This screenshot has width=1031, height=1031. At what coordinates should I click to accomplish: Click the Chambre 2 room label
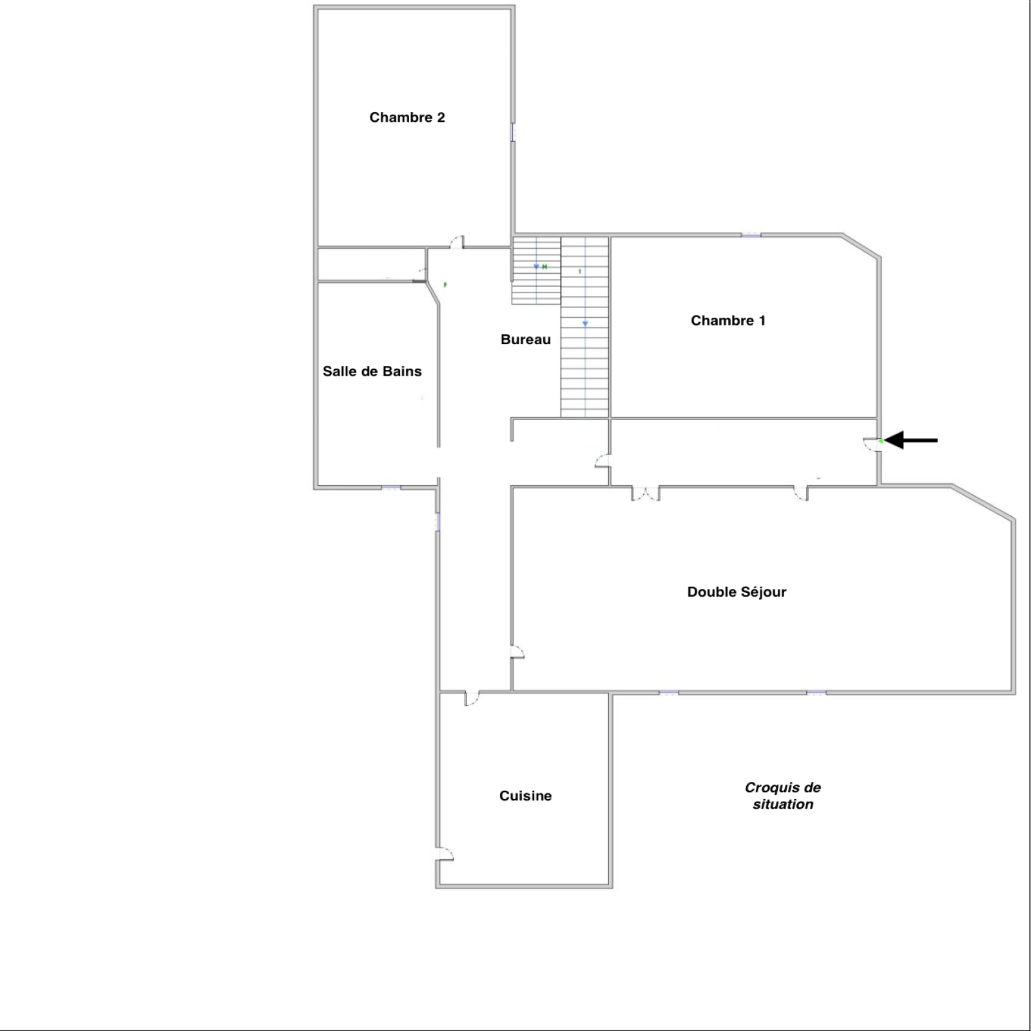click(407, 117)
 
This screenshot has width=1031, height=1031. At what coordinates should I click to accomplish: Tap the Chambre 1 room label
click(728, 320)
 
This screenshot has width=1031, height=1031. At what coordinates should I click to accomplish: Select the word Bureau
click(526, 340)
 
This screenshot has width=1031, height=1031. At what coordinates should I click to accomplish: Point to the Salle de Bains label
click(372, 371)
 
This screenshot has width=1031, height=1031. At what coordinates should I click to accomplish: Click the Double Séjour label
click(737, 592)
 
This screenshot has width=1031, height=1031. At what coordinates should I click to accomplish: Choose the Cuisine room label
click(525, 796)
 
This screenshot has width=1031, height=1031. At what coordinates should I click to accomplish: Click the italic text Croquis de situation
click(783, 796)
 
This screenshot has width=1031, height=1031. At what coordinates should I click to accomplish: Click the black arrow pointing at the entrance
click(911, 441)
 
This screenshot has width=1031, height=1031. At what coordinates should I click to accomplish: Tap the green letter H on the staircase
click(544, 267)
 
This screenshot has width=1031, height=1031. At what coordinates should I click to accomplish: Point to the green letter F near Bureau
click(445, 285)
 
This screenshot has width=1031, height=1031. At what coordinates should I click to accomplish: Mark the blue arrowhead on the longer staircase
click(585, 323)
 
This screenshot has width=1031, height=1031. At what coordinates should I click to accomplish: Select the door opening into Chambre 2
click(457, 242)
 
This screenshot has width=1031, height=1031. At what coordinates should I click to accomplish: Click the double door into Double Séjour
click(646, 493)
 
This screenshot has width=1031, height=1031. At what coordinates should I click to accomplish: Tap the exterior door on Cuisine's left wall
click(445, 854)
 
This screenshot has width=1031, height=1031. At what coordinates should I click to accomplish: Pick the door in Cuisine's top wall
click(472, 699)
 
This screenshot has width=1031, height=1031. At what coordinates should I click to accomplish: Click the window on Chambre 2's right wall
click(513, 132)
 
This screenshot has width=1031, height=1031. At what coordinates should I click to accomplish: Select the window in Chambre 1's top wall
click(751, 235)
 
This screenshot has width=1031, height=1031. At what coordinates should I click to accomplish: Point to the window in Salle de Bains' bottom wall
click(390, 488)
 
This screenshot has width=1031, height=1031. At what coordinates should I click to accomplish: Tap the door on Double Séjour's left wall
click(517, 652)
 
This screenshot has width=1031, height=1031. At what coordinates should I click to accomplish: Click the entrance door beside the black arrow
click(872, 444)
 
